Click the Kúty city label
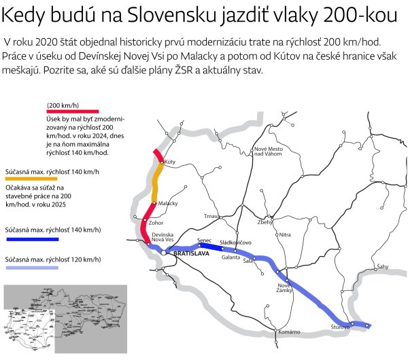169,164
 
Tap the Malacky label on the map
168,203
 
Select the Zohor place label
156,221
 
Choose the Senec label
205,240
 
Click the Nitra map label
285,234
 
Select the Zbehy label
265,222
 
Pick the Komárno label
289,331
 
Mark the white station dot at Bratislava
163,252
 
